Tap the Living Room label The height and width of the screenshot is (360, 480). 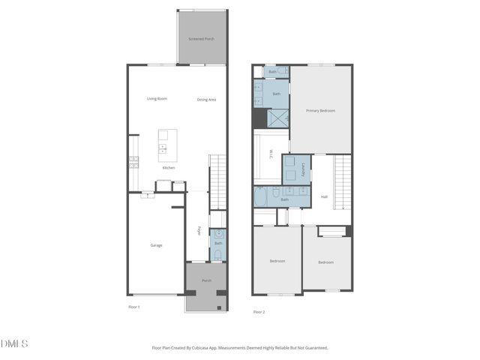[157, 99]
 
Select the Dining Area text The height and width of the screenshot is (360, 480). [207, 100]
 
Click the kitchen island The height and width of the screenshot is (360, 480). [167, 145]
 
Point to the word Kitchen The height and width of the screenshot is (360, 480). [169, 168]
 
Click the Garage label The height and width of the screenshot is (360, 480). [156, 245]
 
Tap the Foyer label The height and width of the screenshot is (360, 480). [199, 231]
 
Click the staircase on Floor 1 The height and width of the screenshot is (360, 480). [217, 181]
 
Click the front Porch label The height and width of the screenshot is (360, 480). [206, 280]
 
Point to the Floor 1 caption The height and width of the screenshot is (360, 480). [134, 307]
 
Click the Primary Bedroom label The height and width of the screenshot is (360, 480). [320, 111]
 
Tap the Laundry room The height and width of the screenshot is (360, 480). [295, 170]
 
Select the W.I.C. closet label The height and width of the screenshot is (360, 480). [271, 155]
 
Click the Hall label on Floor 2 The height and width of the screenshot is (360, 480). [324, 197]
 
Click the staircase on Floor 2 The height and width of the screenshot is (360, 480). [342, 182]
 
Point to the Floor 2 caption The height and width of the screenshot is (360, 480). [259, 311]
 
